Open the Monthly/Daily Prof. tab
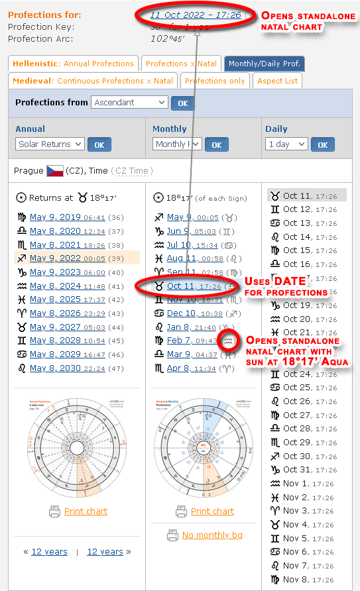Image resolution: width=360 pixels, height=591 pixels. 264,64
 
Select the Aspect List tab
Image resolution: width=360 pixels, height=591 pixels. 276,81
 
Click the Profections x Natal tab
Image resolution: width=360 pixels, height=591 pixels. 181,64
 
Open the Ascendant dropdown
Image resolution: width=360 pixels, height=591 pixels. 129,103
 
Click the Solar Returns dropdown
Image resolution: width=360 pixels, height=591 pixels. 50,144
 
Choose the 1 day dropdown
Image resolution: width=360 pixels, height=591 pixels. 286,144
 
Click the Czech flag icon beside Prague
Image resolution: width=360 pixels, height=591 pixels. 54,171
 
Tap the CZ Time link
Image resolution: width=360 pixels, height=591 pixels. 132,171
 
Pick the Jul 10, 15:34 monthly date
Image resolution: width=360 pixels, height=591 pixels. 182,244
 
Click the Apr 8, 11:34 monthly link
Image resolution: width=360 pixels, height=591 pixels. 182,368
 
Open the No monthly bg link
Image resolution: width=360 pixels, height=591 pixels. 212,535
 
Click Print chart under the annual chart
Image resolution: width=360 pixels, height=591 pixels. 86,511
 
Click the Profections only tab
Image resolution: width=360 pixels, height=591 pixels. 214,81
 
